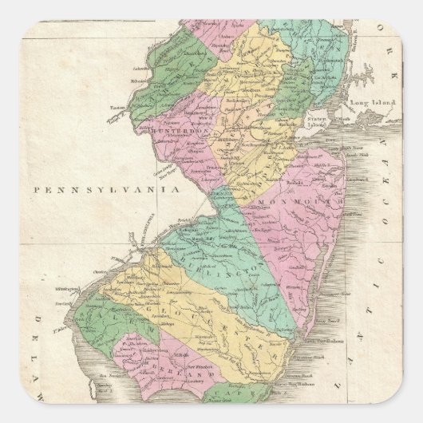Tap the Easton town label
[120, 113]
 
